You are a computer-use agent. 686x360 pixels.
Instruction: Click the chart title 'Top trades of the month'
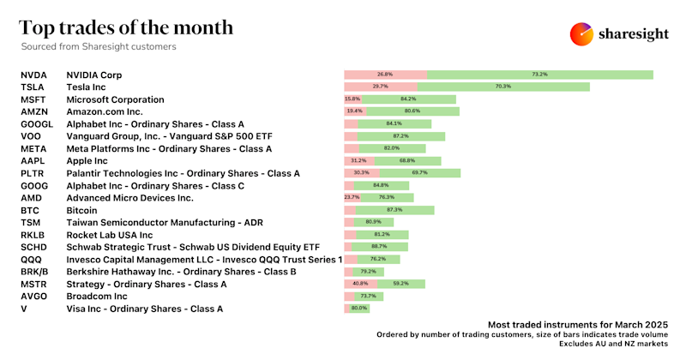pyautogui.click(x=126, y=27)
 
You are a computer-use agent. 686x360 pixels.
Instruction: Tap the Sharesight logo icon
pyautogui.click(x=582, y=34)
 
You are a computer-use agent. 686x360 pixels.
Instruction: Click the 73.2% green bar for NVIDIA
pyautogui.click(x=539, y=75)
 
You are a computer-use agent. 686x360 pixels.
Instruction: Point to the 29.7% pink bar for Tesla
pyautogui.click(x=381, y=87)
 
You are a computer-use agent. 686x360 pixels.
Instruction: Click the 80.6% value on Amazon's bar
pyautogui.click(x=412, y=111)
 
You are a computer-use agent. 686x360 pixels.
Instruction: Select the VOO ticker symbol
pyautogui.click(x=31, y=136)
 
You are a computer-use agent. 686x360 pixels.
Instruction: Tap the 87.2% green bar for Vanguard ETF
pyautogui.click(x=400, y=136)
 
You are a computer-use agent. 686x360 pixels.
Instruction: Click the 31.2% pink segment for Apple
pyautogui.click(x=359, y=160)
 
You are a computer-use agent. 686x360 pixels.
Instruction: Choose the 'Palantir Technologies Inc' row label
pyautogui.click(x=183, y=173)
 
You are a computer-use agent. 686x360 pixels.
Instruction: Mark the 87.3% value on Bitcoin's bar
pyautogui.click(x=395, y=210)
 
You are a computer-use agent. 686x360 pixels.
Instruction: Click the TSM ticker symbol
pyautogui.click(x=30, y=222)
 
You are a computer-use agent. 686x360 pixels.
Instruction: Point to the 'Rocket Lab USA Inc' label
pyautogui.click(x=110, y=235)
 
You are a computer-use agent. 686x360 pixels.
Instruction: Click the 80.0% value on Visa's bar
pyautogui.click(x=359, y=309)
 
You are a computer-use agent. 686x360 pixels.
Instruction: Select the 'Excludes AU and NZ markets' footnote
pyautogui.click(x=612, y=343)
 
